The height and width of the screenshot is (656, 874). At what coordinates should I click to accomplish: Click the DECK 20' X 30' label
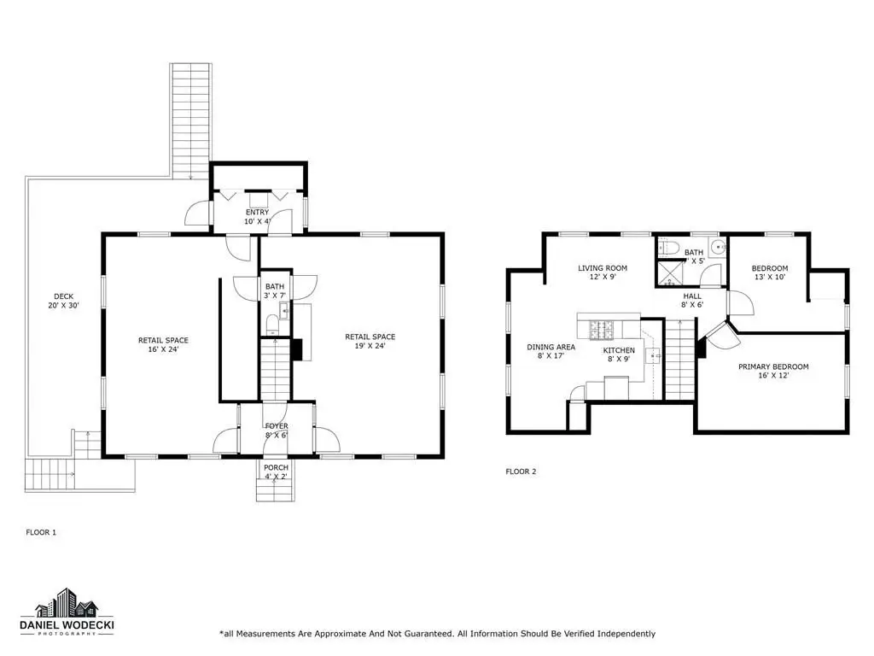(63, 302)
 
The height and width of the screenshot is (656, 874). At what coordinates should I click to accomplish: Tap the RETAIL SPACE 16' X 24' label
(163, 345)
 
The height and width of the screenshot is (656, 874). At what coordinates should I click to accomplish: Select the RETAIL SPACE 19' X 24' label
(370, 342)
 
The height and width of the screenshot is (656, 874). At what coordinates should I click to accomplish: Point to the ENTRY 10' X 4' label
(257, 217)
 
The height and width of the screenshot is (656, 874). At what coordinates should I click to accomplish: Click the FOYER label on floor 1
(277, 426)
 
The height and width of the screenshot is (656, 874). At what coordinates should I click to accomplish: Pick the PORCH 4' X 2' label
(277, 471)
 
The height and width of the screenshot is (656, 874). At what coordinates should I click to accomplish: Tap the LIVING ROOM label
(603, 268)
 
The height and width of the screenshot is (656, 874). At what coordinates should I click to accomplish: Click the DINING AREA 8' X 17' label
(551, 351)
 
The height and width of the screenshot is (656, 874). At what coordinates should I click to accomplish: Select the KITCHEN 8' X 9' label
(619, 354)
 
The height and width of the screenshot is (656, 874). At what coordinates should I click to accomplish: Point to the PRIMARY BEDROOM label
(773, 367)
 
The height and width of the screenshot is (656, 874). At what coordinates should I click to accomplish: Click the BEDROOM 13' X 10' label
(770, 272)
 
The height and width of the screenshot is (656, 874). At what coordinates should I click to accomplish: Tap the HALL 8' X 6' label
(692, 301)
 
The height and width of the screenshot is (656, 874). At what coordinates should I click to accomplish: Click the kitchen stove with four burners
(602, 329)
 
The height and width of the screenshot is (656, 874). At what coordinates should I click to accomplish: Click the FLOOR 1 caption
(41, 533)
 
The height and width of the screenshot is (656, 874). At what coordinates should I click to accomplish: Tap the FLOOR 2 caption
(521, 471)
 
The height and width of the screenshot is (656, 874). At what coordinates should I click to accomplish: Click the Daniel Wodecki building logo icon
(67, 603)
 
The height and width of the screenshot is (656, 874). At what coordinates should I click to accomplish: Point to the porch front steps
(276, 490)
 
